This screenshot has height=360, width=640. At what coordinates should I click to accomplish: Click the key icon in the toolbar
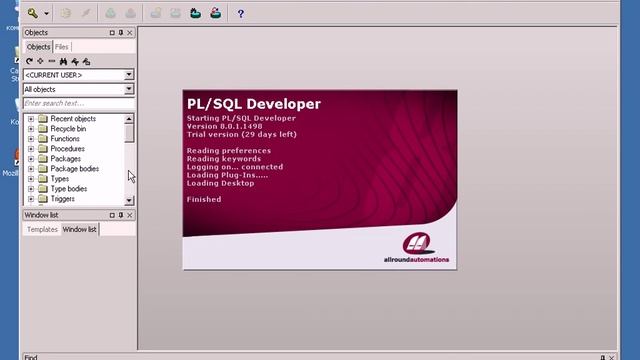click(x=33, y=14)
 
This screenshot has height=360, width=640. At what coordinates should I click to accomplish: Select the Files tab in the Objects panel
click(x=62, y=47)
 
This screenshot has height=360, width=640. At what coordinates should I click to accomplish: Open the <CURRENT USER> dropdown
click(x=79, y=75)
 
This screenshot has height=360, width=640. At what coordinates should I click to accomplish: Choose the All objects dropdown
click(x=79, y=89)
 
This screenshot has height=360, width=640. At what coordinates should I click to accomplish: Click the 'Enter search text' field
click(x=78, y=103)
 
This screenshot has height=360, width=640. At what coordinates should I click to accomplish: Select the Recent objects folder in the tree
click(x=73, y=119)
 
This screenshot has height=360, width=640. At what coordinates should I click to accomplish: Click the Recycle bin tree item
click(x=68, y=129)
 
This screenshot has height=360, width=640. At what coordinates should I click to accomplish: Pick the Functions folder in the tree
click(x=65, y=139)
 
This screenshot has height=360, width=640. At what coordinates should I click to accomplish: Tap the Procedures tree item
click(x=67, y=149)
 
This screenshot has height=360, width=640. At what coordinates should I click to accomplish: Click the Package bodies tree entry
click(x=74, y=169)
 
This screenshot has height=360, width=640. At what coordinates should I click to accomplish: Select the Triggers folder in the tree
click(x=62, y=199)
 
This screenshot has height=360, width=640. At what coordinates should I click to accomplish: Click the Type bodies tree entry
click(x=68, y=189)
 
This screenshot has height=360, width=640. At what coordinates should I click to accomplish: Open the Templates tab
click(x=42, y=229)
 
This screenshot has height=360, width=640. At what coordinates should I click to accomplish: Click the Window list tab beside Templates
click(x=80, y=229)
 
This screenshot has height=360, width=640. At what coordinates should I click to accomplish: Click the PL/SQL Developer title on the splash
click(x=253, y=104)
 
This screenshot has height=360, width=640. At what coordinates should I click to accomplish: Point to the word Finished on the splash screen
click(x=204, y=199)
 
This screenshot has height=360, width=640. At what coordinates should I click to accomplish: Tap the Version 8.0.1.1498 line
click(x=236, y=126)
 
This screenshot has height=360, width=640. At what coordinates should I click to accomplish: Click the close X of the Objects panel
click(x=130, y=33)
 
